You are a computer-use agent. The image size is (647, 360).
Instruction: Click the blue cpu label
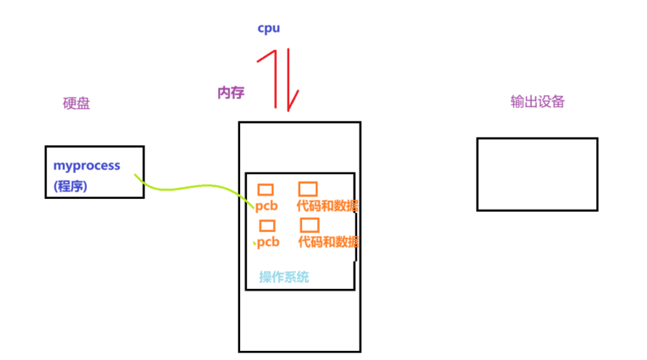269,28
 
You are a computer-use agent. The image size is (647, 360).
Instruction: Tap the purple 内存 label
231,93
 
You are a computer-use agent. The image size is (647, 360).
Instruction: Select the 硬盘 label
76,104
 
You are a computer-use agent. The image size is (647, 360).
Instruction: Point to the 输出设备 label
537,102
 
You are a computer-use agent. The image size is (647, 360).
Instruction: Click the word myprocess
87,166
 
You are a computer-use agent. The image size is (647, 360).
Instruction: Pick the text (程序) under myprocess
70,186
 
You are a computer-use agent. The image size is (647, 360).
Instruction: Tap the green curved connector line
194,188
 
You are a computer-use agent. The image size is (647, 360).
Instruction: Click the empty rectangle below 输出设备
537,174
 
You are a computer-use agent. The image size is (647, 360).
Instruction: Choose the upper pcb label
267,207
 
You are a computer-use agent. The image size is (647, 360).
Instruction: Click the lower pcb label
269,242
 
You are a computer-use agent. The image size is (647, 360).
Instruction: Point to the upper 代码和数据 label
327,207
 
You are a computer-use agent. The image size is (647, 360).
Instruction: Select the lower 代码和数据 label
328,242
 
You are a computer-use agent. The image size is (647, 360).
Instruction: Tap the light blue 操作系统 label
284,277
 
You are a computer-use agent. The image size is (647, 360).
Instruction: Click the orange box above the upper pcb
265,190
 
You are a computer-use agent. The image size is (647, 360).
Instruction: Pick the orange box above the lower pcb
267,226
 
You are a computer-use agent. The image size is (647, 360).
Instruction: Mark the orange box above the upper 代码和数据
308,189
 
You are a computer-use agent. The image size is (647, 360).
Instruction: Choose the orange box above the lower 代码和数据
310,225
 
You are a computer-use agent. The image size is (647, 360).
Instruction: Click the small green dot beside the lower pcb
255,243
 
